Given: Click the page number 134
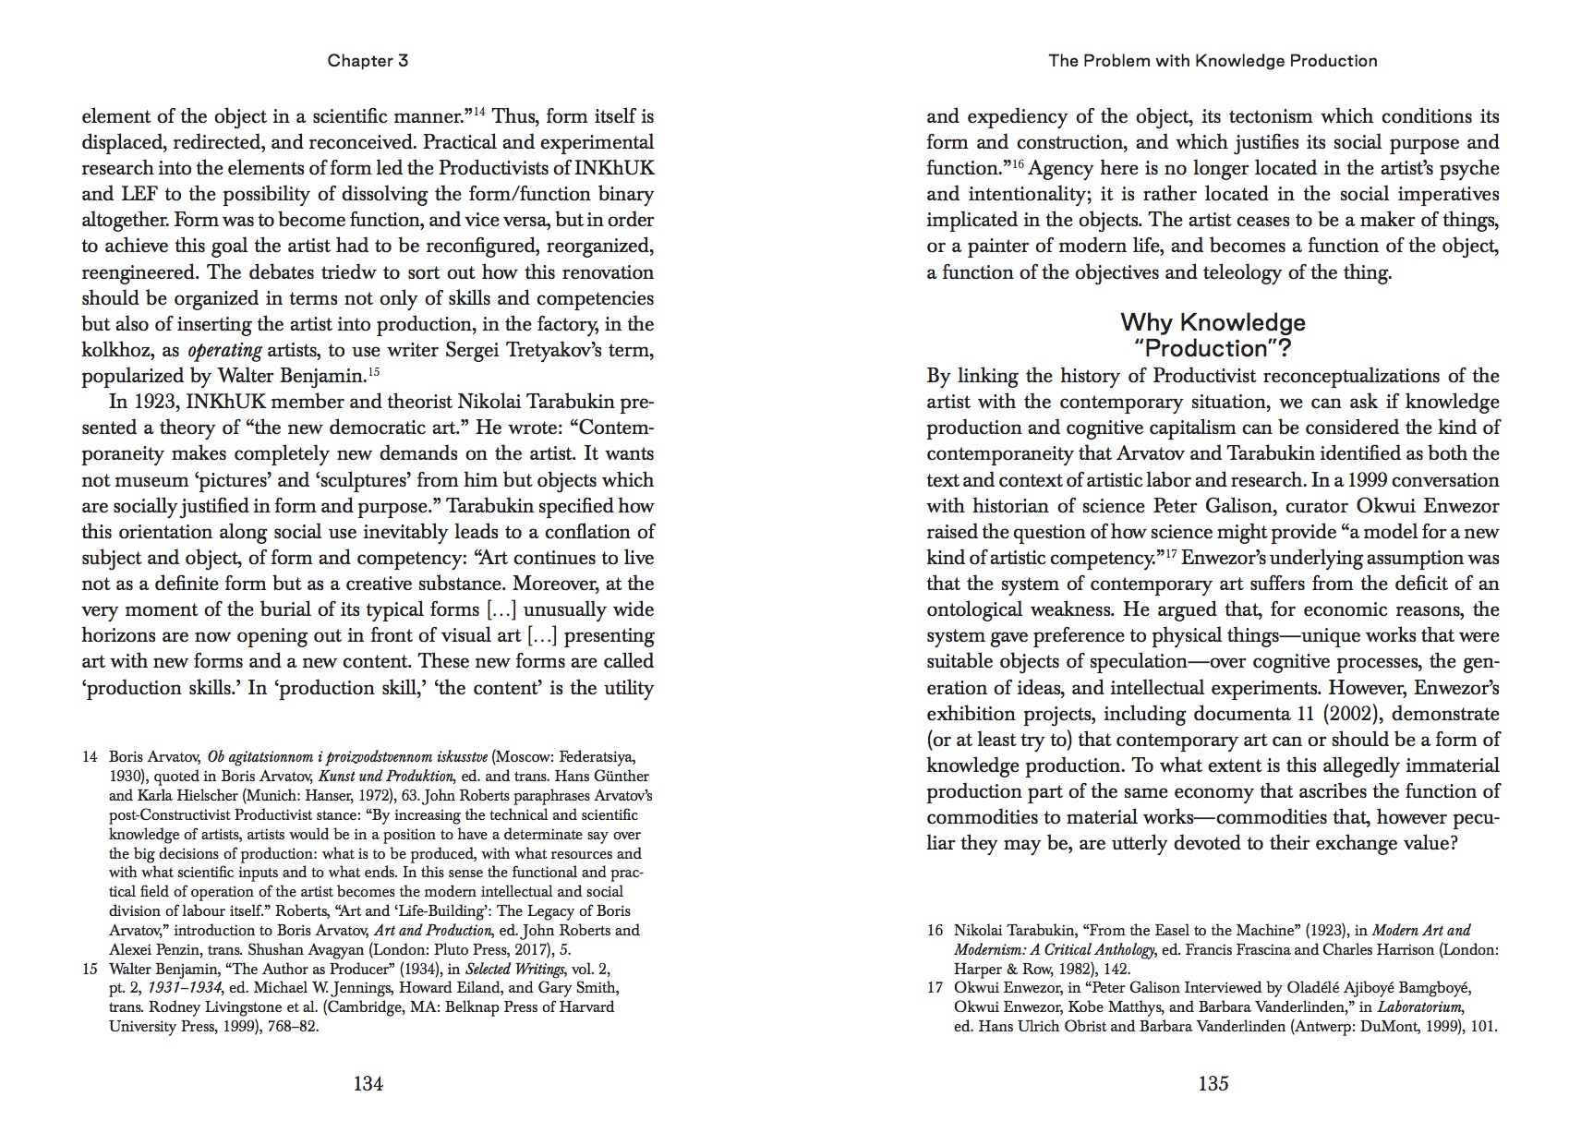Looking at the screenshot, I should [x=368, y=1084].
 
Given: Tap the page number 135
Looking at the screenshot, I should [x=1213, y=1084].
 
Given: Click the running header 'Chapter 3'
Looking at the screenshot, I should [x=368, y=61].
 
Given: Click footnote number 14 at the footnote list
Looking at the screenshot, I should [x=90, y=757].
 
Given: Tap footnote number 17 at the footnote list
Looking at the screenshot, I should [x=935, y=988].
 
